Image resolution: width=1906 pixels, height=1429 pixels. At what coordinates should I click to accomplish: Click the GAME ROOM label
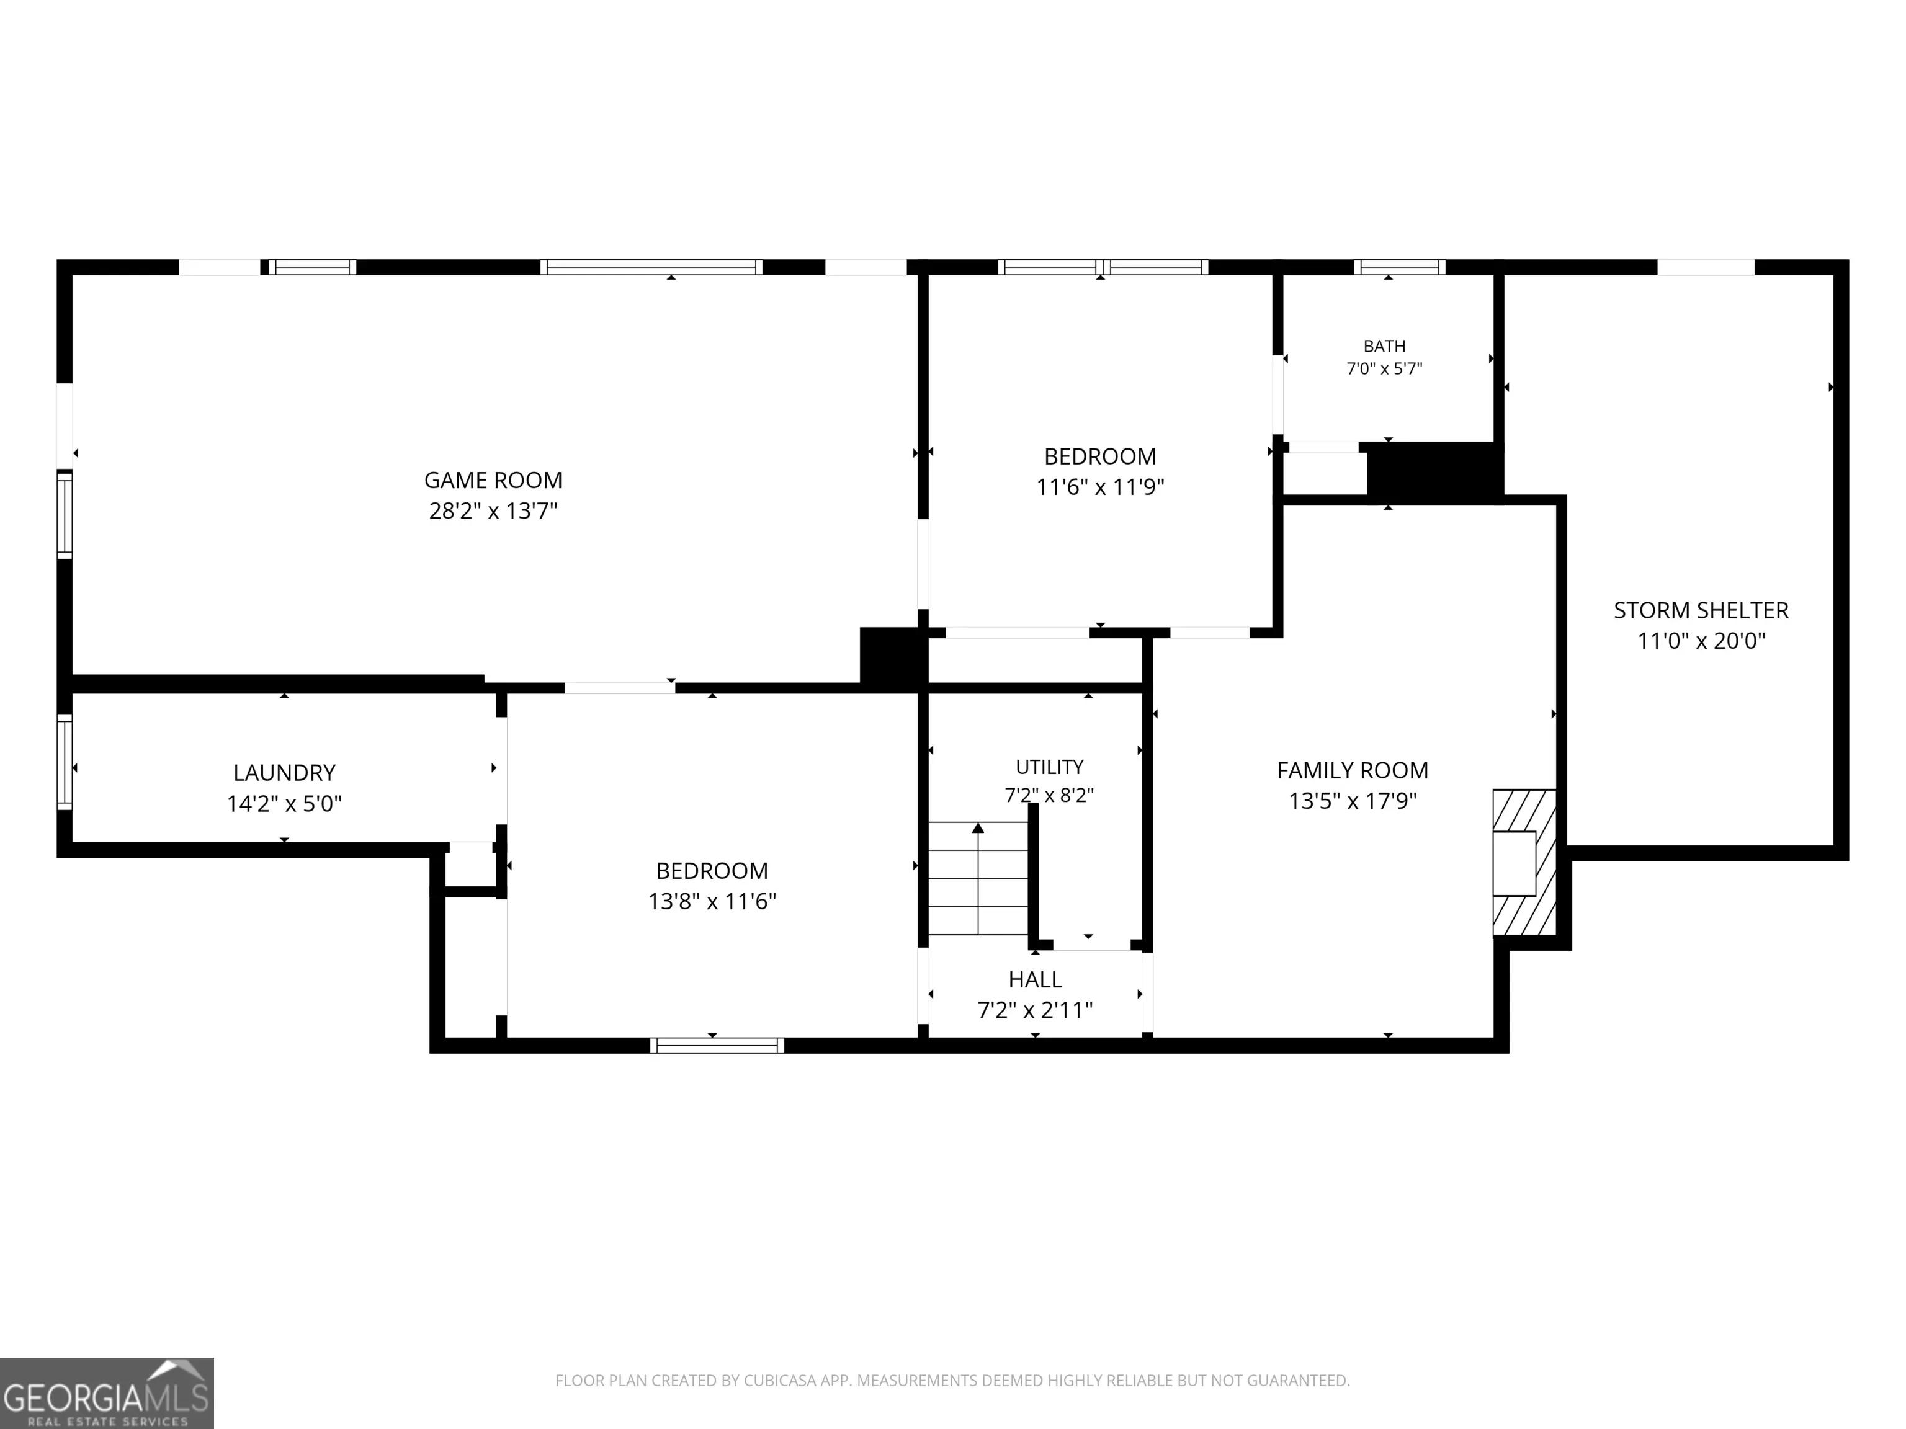click(x=493, y=480)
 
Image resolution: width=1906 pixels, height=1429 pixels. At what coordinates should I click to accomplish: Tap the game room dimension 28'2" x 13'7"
click(x=493, y=511)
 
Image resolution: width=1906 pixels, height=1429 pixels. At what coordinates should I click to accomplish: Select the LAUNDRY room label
click(x=284, y=773)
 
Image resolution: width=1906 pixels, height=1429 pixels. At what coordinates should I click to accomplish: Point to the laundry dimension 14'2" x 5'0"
click(x=284, y=804)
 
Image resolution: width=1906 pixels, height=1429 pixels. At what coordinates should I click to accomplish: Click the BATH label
click(x=1385, y=346)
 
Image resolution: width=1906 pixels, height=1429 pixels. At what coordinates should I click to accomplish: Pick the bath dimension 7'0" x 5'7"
click(x=1385, y=368)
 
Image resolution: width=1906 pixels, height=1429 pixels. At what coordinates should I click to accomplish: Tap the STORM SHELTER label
click(x=1702, y=610)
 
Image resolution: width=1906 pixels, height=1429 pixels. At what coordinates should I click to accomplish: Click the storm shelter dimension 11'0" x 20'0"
click(x=1702, y=641)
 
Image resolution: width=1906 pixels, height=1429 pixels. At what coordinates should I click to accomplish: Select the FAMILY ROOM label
click(x=1353, y=770)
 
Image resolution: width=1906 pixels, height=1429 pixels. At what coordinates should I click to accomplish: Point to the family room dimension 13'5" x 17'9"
click(x=1353, y=801)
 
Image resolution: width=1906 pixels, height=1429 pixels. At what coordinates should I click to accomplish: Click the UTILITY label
click(x=1050, y=767)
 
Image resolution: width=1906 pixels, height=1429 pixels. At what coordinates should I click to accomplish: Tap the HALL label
click(x=1036, y=979)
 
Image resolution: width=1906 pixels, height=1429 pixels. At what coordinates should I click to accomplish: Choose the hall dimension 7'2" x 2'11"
click(x=1036, y=1010)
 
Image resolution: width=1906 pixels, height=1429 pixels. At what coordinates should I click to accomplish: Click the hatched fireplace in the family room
click(x=1524, y=862)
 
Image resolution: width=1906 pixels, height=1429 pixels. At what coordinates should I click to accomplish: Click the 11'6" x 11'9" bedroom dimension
click(x=1100, y=487)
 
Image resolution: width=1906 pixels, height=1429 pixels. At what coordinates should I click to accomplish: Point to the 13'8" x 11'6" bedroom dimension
click(x=713, y=902)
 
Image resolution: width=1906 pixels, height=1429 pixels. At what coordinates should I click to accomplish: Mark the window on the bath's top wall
click(x=1399, y=267)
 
